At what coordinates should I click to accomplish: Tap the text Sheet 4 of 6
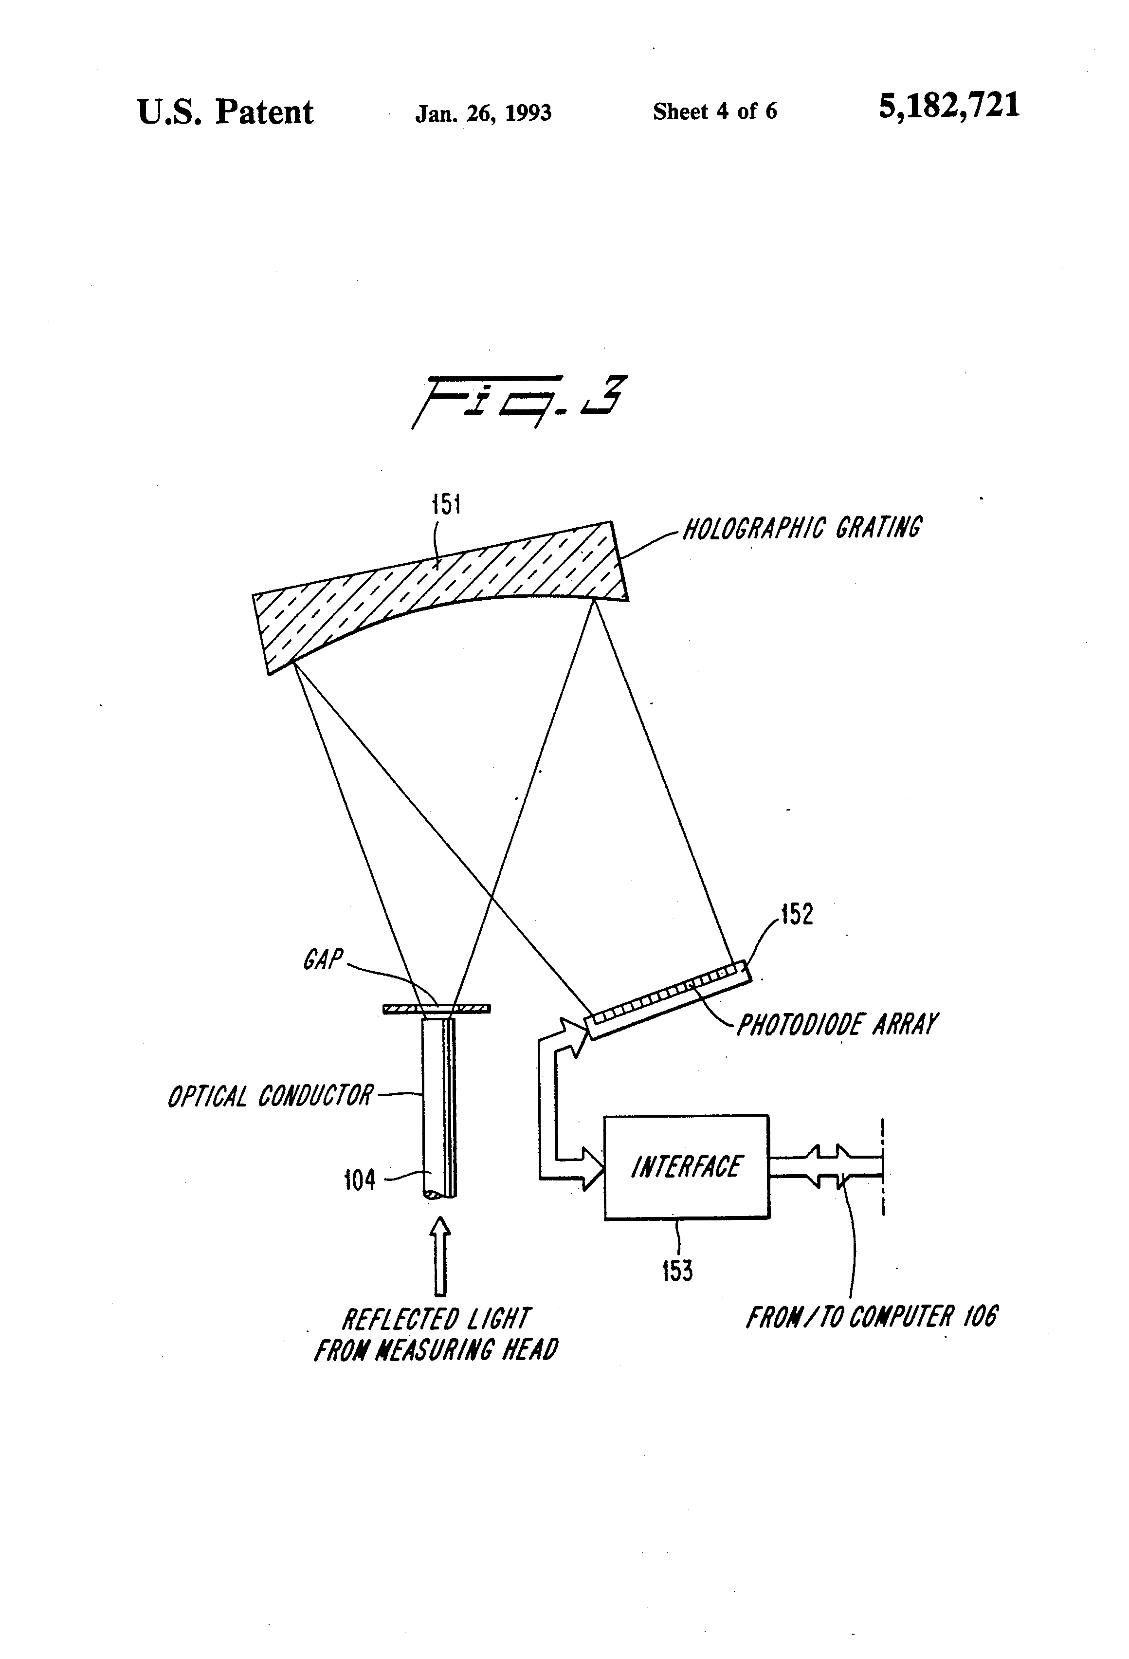(714, 111)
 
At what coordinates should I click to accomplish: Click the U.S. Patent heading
(225, 112)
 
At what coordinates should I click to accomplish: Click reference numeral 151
(447, 505)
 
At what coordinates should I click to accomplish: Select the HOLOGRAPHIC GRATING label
(802, 528)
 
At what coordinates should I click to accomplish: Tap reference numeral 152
(797, 915)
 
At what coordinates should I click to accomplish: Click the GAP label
(323, 959)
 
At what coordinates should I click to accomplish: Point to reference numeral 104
(360, 1180)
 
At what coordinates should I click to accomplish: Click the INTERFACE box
(687, 1167)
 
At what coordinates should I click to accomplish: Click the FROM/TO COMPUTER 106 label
(872, 1317)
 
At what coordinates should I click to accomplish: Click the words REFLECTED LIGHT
(436, 1319)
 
